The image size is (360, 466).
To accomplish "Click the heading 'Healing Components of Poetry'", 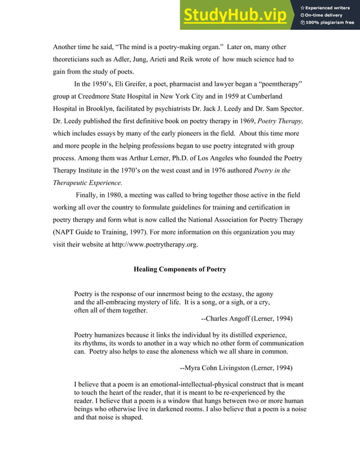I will (180, 269).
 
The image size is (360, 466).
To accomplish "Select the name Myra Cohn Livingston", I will (217, 368).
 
